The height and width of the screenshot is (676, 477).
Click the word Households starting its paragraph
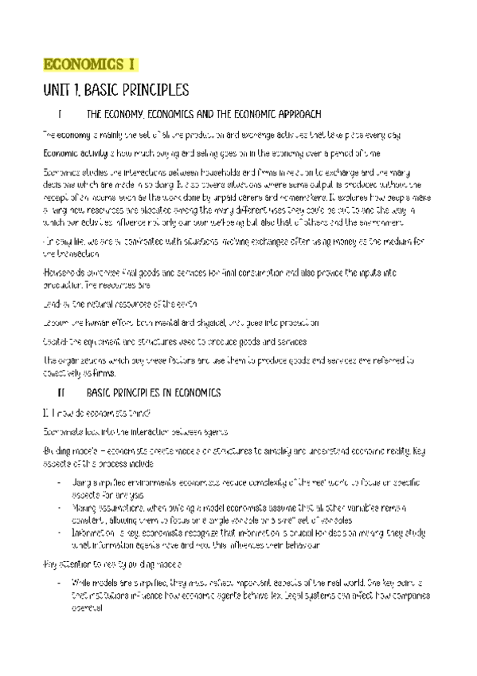pos(61,273)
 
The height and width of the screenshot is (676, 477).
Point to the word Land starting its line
pos(50,305)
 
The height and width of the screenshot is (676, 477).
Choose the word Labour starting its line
pos(54,323)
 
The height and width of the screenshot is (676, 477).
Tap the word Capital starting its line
pos(54,341)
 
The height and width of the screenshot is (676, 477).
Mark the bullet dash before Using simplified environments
pos(60,482)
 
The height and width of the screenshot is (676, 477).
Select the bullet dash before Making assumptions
pos(60,506)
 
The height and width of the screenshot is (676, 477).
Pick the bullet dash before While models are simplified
pos(60,584)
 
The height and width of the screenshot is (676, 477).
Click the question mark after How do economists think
pos(147,412)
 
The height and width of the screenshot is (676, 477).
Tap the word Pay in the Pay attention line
pos(48,564)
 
